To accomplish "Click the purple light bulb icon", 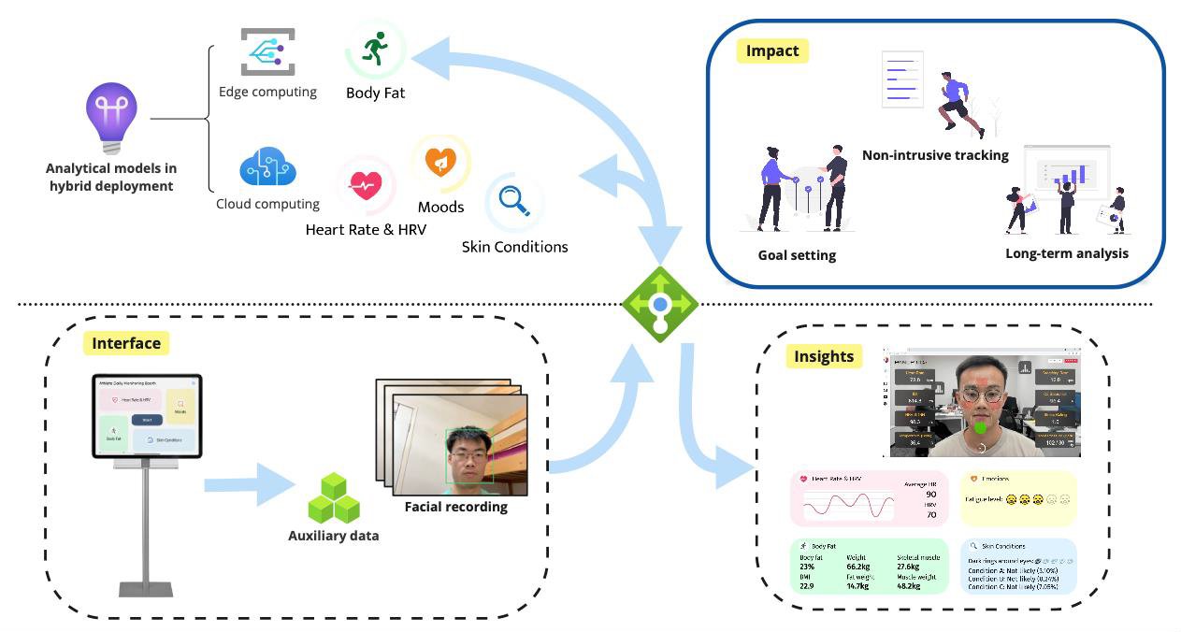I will coord(111,116).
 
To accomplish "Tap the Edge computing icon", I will coord(267,51).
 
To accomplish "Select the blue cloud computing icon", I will coord(267,169).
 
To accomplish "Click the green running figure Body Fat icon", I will coord(375,49).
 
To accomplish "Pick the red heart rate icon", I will coord(364,185).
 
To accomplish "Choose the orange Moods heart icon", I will coord(440,163).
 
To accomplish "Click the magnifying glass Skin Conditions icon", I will coord(513,200).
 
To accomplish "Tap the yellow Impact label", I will coord(772,50).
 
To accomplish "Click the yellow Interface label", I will coord(126,343).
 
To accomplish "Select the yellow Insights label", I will coord(824,356).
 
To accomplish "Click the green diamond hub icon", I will coord(660,304).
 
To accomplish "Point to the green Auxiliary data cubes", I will coord(334,498).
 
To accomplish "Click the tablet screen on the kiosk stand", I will coord(147,416).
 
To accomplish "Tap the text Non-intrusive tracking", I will coord(935,155).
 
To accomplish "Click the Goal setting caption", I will coord(797,254).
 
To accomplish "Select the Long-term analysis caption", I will coord(1066,253).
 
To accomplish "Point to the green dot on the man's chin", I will coord(979,428).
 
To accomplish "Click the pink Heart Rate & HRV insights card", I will coord(869,498).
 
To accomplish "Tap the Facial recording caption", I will coord(455,507).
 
